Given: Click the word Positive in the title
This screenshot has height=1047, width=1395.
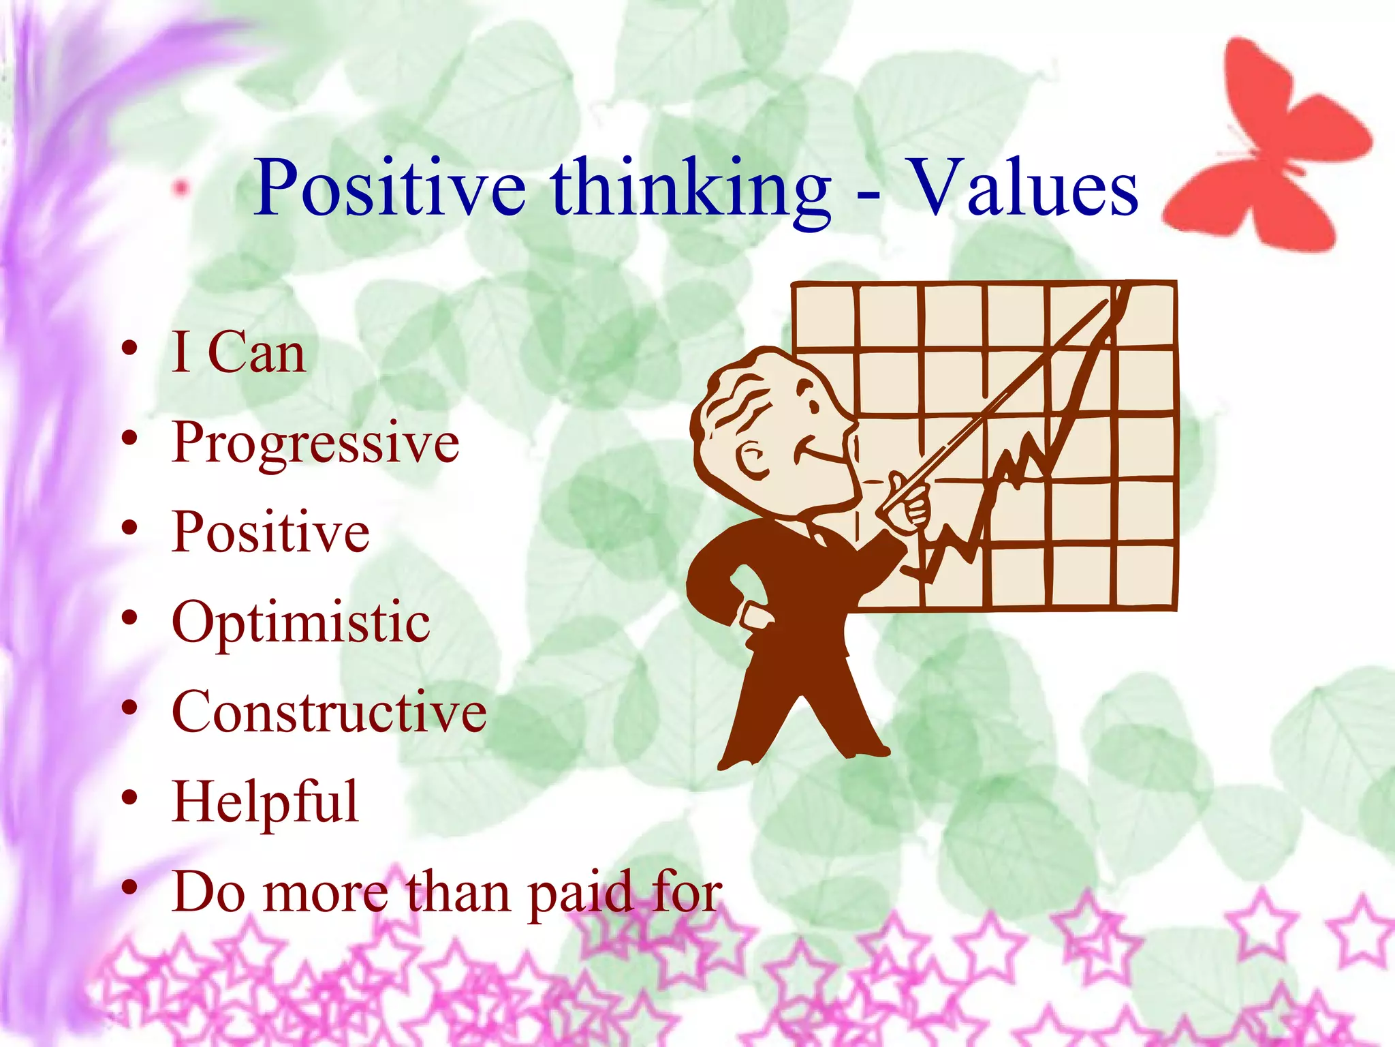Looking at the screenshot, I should click(390, 187).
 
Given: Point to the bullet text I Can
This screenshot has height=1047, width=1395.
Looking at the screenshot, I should click(238, 352).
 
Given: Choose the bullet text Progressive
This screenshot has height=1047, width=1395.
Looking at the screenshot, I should click(315, 442).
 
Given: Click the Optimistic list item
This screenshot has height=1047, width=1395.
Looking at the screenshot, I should click(300, 622).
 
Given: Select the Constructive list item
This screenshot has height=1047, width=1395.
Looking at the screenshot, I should click(329, 712).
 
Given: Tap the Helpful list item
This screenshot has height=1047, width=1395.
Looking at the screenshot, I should click(265, 802).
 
